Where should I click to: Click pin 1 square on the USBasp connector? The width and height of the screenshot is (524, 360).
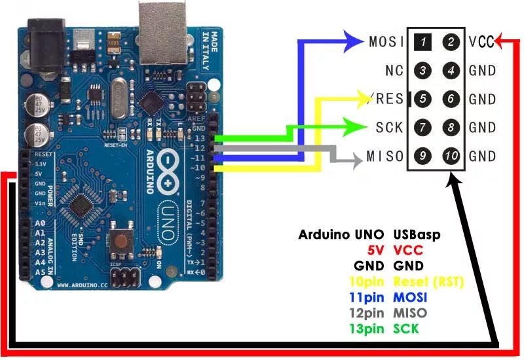coord(424,43)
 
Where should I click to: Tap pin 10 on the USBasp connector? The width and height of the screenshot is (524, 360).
coord(451,156)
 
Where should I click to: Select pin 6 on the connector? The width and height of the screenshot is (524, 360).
coord(451,99)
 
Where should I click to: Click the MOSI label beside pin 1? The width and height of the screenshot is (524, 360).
coord(386,43)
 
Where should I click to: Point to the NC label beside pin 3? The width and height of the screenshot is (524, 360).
coord(394,71)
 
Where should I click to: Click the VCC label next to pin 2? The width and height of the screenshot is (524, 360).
coord(481,43)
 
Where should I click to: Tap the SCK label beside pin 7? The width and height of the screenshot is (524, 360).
coord(390,127)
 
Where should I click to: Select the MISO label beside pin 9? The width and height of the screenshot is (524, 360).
coord(385,156)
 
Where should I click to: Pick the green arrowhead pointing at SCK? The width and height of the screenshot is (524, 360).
coord(359,126)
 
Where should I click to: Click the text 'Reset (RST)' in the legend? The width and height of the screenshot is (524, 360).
coord(428,282)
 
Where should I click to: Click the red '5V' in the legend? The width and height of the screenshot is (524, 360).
coord(373,250)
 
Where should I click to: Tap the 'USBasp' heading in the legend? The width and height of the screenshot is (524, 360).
coord(417,234)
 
